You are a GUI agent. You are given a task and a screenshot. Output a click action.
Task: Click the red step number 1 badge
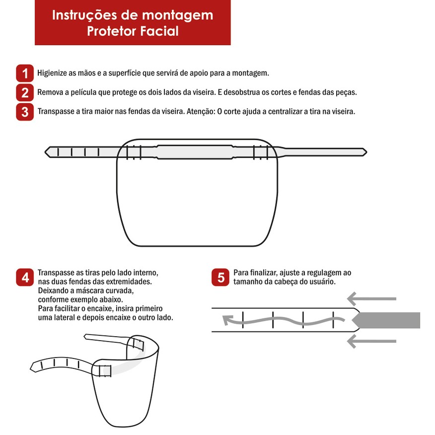tap(25, 73)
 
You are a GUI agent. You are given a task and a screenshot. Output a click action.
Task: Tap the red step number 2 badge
tap(25, 92)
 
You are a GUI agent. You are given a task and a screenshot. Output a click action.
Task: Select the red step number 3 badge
tap(25, 112)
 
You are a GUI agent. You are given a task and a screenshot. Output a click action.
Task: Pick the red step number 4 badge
tap(25, 277)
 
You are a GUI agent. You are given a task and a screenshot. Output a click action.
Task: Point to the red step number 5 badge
tap(220, 277)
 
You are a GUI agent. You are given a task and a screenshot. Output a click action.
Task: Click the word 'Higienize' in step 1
tap(52, 73)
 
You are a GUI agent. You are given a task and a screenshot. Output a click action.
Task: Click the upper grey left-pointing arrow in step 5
tap(371, 299)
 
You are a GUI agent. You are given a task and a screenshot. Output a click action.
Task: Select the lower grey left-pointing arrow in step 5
tap(371, 341)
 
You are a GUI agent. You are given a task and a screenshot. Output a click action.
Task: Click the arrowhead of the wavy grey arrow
tap(227, 320)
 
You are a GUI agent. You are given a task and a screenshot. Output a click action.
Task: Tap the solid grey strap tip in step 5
tap(386, 320)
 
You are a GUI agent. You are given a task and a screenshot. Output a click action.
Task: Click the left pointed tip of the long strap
tap(46, 152)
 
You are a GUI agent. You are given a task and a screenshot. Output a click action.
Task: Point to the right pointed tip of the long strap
tap(366, 152)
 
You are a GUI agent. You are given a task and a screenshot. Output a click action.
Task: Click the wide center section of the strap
tap(195, 152)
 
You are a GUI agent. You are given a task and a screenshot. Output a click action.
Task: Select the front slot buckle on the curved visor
tap(105, 370)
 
